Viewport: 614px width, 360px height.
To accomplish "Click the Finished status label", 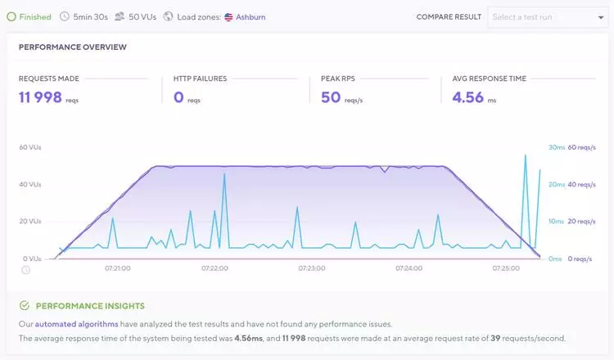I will [34, 16].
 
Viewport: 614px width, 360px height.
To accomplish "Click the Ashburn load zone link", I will [251, 16].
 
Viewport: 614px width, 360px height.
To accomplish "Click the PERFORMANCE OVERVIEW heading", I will [73, 47].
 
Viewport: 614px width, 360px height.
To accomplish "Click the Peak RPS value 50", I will [330, 97].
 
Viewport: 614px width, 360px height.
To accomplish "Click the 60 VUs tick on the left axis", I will [29, 147].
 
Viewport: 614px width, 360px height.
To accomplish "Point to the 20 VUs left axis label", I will [29, 221].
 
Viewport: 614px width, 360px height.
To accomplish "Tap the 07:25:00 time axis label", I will [507, 268].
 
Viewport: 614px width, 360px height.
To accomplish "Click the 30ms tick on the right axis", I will [556, 147].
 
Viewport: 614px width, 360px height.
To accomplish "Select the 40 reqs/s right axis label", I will [581, 184].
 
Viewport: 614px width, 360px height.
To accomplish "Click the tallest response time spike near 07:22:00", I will [223, 174].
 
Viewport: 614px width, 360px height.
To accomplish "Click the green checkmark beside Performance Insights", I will [25, 305].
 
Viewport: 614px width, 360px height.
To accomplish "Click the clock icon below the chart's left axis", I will [25, 269].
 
